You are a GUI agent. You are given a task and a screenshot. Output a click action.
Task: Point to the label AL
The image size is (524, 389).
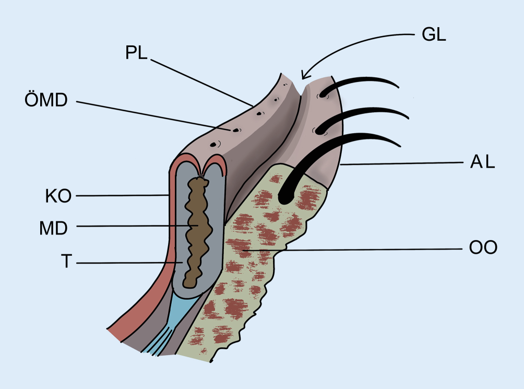(x=479, y=163)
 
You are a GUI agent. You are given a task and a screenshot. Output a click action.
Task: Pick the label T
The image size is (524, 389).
(x=66, y=261)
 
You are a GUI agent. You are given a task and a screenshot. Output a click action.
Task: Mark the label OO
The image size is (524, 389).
(x=483, y=247)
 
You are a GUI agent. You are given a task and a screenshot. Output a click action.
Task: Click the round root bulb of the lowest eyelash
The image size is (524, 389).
(x=286, y=197)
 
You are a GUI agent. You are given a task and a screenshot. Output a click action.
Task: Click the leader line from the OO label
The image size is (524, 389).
(x=365, y=249)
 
